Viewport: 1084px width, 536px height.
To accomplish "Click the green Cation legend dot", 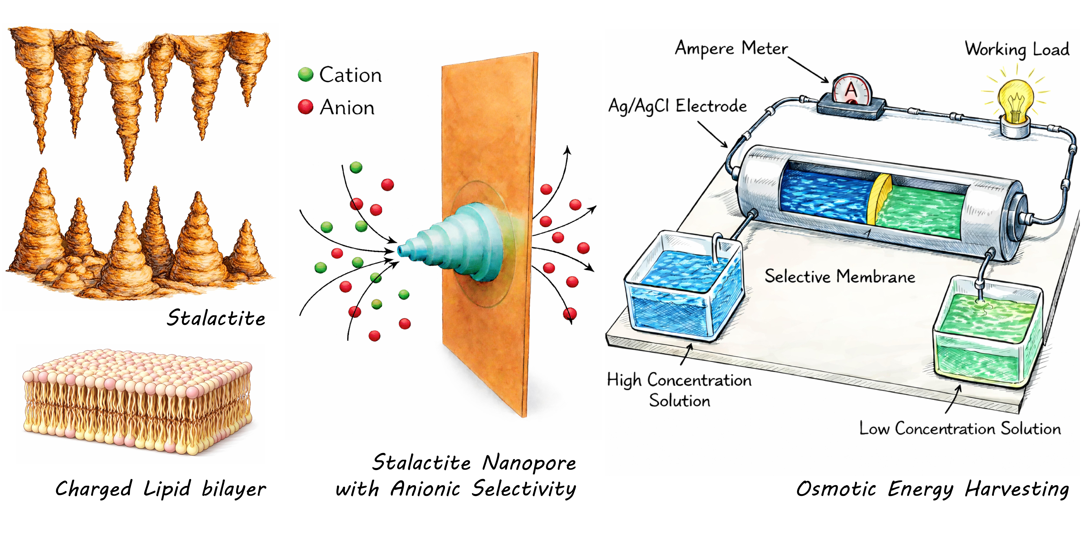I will pyautogui.click(x=305, y=75).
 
